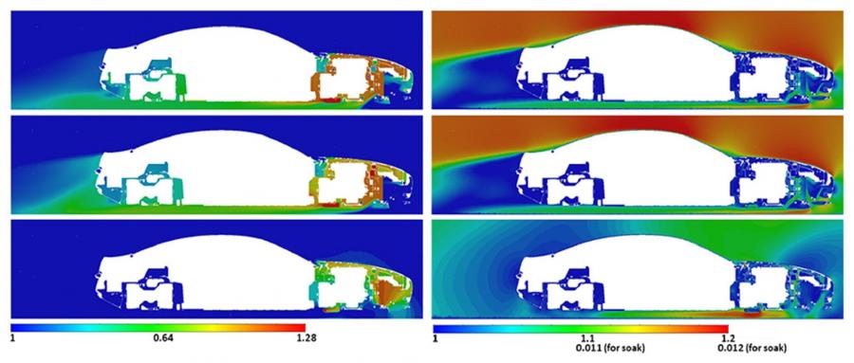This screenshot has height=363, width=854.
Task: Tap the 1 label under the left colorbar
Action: pos(14,336)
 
